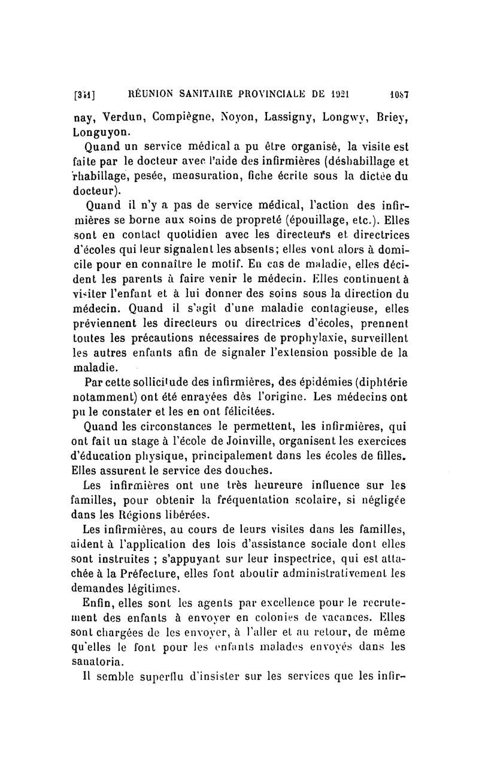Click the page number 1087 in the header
pyautogui.click(x=395, y=94)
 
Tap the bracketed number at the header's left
pyautogui.click(x=85, y=95)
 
